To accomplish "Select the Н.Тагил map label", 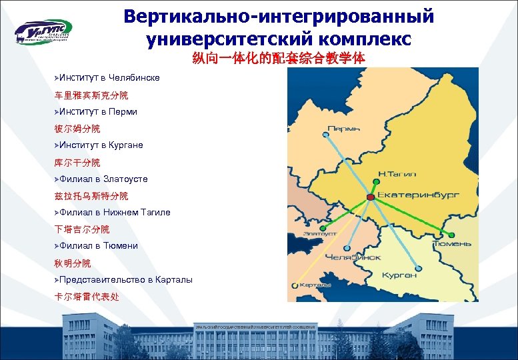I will point(397,173).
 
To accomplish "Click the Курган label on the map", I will point(399,275).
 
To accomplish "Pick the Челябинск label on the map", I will point(353,256).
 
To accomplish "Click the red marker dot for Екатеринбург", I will point(370,197).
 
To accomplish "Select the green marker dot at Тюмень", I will point(453,234).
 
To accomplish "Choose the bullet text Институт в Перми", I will point(97,111).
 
